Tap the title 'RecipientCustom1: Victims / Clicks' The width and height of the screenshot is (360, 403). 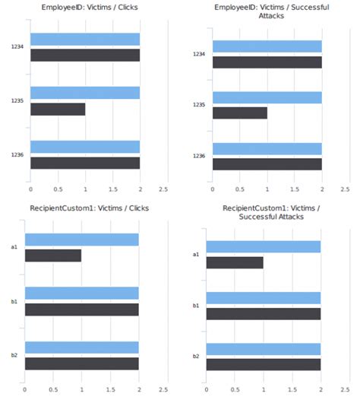coord(89,208)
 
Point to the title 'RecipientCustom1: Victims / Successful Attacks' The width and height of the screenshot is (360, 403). coord(270,213)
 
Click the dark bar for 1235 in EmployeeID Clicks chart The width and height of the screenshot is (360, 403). coord(58,109)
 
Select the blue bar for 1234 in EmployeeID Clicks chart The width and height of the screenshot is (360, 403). coord(85,40)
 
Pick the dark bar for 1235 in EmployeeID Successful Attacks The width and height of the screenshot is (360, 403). coord(240,113)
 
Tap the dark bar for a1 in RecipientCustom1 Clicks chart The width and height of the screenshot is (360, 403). coord(53,255)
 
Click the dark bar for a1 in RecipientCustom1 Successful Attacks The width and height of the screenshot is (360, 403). coord(235,262)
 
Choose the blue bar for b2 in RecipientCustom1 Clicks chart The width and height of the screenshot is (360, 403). coord(82,347)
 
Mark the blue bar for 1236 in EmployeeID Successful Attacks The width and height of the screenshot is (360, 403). coord(267,149)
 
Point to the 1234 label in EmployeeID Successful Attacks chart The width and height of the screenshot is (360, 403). coord(199,54)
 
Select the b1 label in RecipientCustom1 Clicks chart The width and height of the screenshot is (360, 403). coord(14,301)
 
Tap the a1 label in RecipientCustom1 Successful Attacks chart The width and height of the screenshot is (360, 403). coord(196,255)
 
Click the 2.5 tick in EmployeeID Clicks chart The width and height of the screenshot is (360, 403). coord(163,188)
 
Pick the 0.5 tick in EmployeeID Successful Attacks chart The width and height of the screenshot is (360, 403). coord(239,188)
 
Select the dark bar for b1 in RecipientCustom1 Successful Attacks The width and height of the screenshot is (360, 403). coord(264,313)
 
